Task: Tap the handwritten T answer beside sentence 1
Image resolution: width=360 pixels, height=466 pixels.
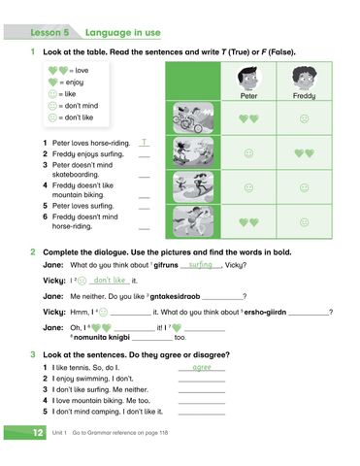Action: (144, 143)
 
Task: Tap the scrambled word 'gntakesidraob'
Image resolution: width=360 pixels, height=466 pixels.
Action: (173, 296)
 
